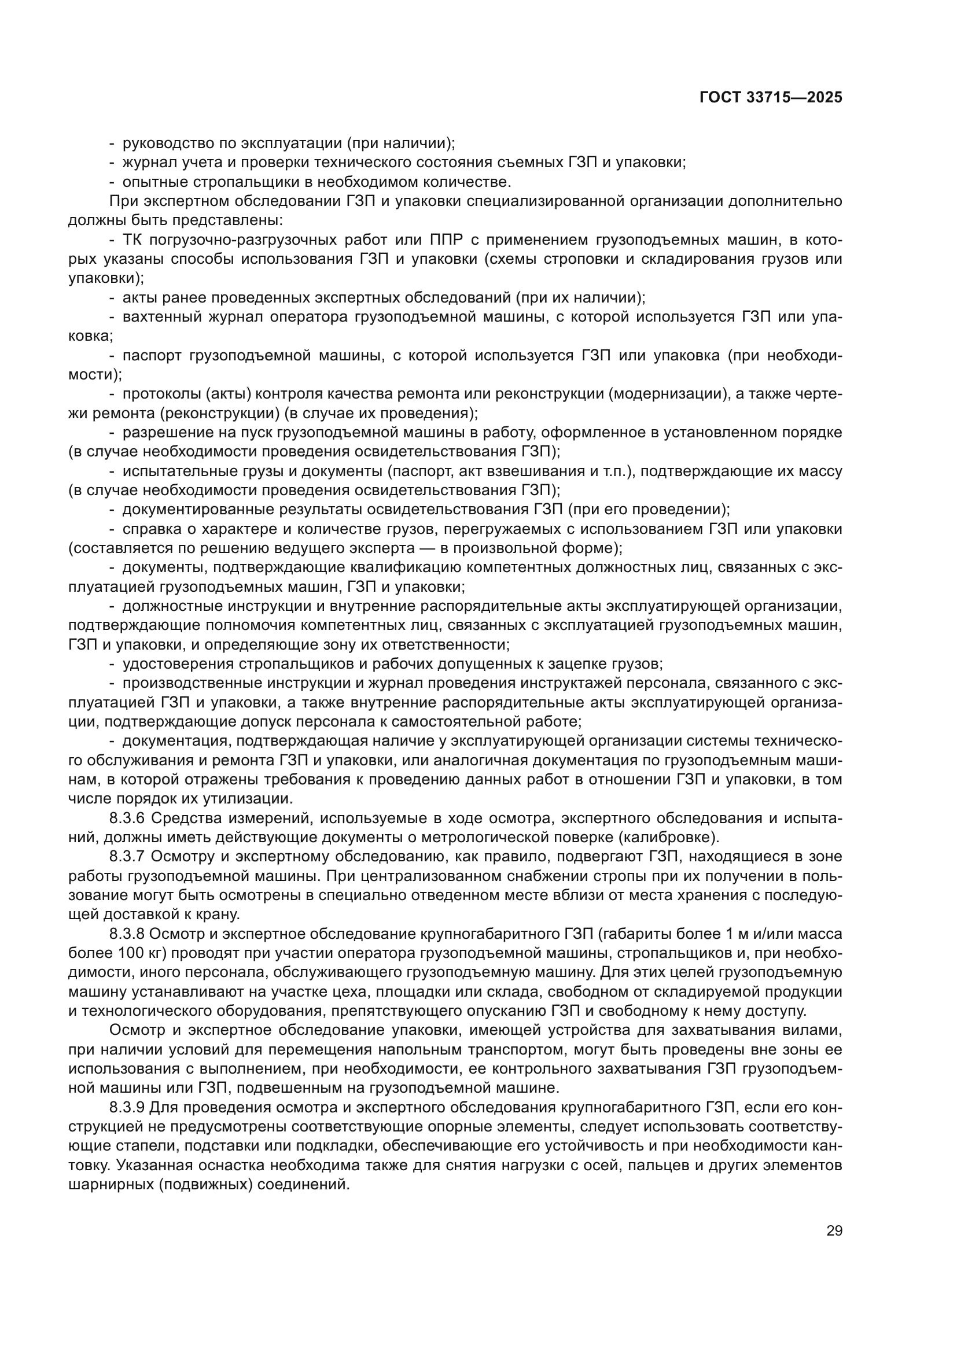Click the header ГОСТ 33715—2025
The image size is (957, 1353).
(770, 98)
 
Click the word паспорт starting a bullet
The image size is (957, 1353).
(151, 355)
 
